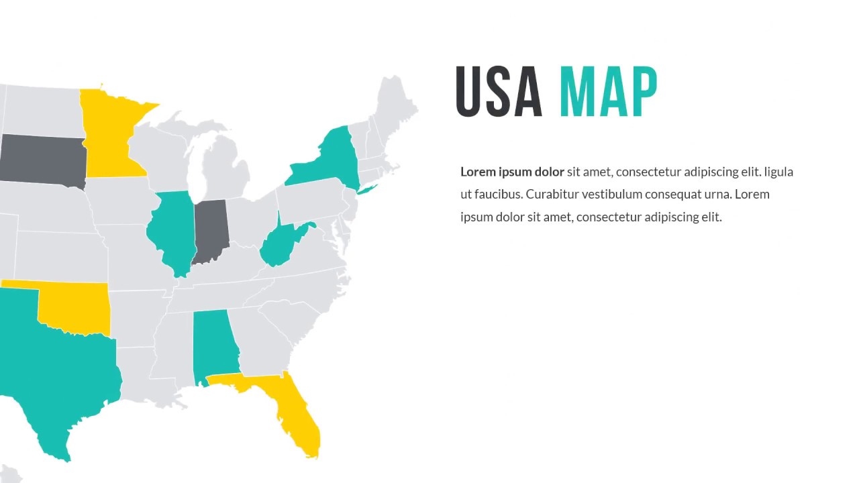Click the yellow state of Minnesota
111,138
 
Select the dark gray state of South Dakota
42,158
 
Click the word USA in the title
499,92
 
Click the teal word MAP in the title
608,92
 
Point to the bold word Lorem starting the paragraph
478,172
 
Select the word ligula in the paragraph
778,172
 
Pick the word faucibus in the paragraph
498,195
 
